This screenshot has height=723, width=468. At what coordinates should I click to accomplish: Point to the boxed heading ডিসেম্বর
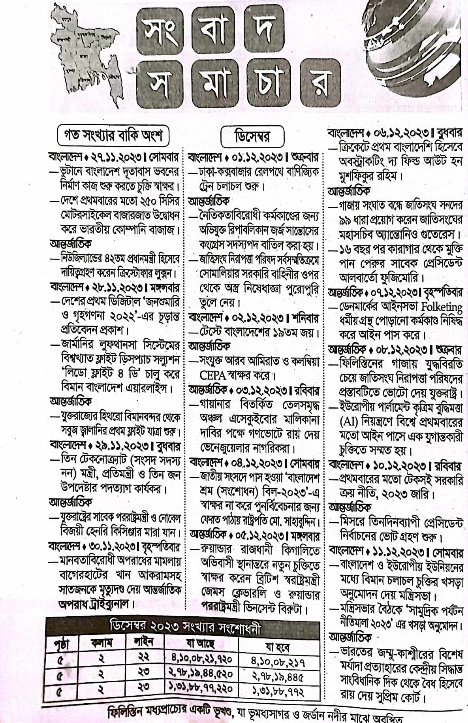[252, 137]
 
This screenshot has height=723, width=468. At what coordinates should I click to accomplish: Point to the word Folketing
[441, 307]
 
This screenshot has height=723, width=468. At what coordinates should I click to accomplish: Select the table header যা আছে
[200, 644]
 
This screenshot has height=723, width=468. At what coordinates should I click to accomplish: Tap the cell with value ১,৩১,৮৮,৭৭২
[278, 692]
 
